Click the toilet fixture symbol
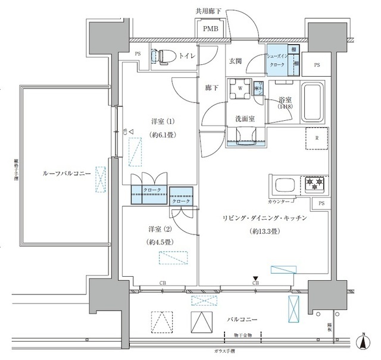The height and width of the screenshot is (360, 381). tap(158, 57)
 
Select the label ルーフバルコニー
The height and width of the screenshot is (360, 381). tap(66, 173)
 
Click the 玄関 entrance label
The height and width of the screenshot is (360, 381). tap(236, 60)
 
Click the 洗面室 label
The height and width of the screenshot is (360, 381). tap(244, 118)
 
